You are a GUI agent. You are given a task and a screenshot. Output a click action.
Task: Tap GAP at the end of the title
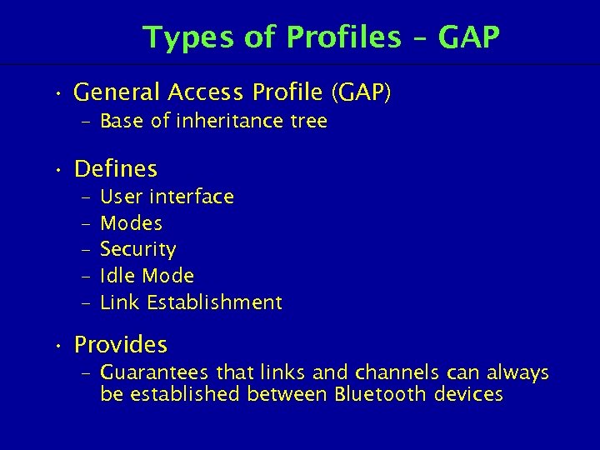click(469, 37)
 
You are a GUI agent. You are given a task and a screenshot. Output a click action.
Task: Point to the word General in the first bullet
click(116, 93)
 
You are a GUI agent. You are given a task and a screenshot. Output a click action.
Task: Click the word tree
click(307, 122)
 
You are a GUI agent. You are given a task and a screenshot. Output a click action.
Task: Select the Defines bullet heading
click(116, 169)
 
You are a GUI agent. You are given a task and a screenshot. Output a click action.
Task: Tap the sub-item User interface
click(167, 197)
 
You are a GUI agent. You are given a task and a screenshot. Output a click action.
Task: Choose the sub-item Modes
click(131, 223)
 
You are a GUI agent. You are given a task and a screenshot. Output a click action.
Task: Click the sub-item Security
click(137, 249)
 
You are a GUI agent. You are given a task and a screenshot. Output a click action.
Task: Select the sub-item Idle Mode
click(147, 276)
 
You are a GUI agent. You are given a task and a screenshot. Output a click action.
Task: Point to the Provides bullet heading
click(121, 344)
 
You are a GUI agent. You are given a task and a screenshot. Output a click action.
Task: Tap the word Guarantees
click(154, 372)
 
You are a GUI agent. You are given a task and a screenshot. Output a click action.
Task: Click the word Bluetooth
click(381, 394)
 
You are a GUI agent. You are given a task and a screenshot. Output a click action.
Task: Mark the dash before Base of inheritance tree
click(87, 122)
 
